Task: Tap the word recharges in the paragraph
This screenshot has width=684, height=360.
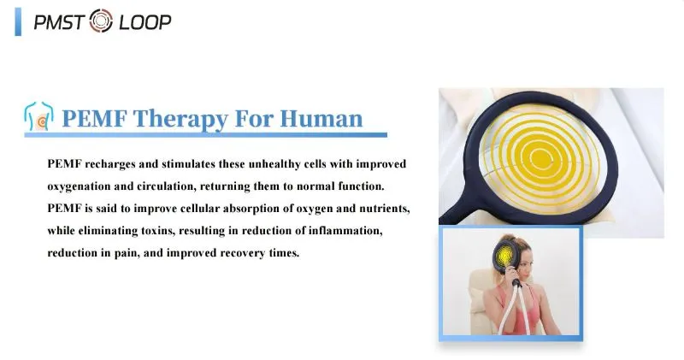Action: click(111, 163)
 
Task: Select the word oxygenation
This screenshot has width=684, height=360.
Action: click(85, 186)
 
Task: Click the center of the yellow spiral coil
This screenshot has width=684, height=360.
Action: click(544, 157)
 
